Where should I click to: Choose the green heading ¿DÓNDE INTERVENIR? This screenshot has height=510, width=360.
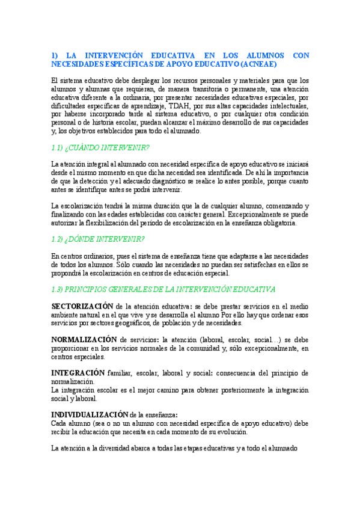(x=107, y=239)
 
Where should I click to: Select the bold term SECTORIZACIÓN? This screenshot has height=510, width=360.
(x=82, y=306)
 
